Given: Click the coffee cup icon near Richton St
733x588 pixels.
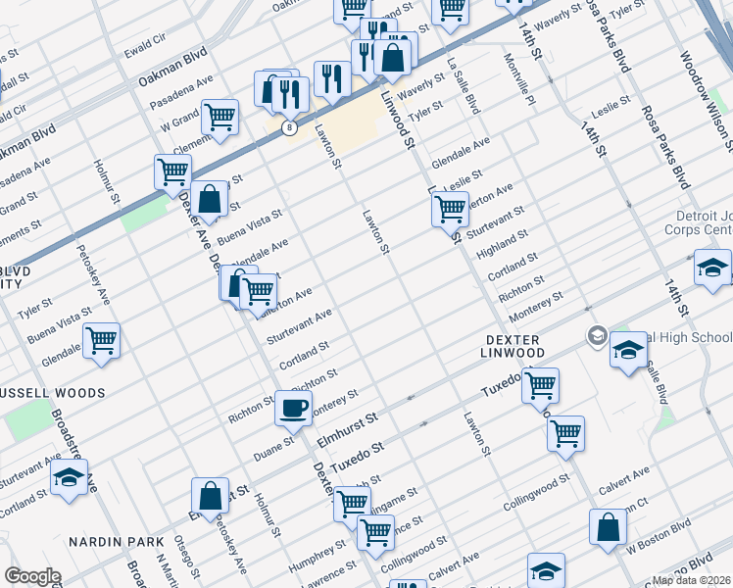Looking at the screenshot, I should pos(292,406).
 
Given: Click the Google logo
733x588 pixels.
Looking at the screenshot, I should pos(31,575).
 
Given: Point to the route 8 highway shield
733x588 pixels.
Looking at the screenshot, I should pos(289,127).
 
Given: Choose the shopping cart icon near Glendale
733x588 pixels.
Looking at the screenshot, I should pos(102,341).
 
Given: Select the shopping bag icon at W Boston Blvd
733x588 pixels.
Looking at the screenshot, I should pos(609,527).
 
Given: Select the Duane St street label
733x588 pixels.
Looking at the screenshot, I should pos(274,443).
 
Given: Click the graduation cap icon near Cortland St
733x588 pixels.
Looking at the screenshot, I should pos(68,478).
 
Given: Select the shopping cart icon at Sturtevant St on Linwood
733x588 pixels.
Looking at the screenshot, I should pos(449,208).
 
